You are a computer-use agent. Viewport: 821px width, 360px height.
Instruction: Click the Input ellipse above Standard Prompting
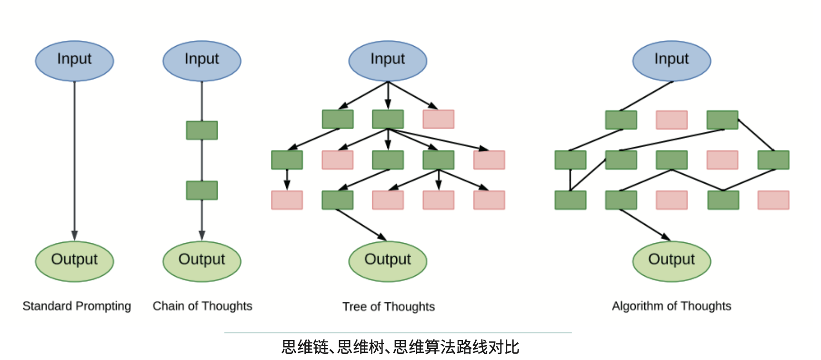click(74, 60)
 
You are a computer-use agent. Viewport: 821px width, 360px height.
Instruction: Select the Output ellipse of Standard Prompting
click(74, 261)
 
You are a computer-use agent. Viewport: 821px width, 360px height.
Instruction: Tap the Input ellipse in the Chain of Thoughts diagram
click(201, 60)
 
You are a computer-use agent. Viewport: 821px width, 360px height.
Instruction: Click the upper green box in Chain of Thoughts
click(201, 130)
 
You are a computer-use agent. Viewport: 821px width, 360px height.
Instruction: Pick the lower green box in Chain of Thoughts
click(201, 190)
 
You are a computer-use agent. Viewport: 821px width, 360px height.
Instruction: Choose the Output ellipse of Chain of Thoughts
click(201, 261)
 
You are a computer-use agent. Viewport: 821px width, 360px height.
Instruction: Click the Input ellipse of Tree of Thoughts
click(388, 60)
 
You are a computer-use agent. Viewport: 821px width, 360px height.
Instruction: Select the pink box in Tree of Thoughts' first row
click(438, 119)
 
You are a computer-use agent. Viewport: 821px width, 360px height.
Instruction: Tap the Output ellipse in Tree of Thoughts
click(388, 261)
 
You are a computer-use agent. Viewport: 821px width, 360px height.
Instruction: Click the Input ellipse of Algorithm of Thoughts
click(671, 60)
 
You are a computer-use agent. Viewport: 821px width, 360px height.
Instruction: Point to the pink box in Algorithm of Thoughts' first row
click(671, 120)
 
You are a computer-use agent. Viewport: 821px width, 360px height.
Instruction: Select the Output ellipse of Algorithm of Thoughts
click(671, 261)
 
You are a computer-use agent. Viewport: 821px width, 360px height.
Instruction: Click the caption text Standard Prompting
click(77, 306)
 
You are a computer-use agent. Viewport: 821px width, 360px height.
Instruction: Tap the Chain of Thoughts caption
click(202, 306)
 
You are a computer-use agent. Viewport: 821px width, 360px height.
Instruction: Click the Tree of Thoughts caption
click(389, 307)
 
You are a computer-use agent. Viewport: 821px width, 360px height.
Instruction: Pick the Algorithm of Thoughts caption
click(671, 306)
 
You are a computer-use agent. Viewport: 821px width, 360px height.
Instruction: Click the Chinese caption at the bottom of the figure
click(400, 347)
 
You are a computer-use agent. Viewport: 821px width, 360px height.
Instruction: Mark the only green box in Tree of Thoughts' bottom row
click(337, 200)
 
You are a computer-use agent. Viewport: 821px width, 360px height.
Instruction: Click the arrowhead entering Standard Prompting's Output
click(74, 236)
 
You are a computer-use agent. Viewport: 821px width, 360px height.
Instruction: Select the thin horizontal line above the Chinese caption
click(398, 332)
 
